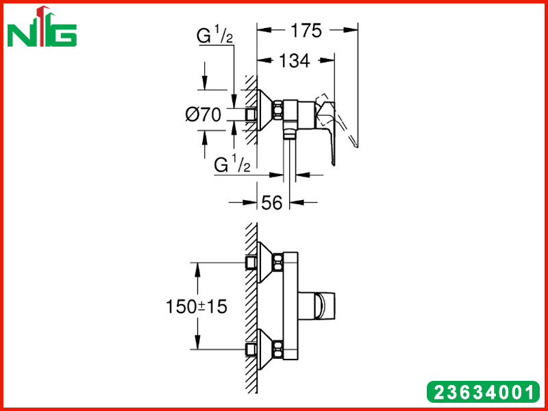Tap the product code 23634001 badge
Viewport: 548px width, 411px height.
pos(484,391)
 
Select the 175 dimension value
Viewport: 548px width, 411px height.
pos(306,31)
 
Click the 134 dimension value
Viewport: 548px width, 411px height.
pos(295,61)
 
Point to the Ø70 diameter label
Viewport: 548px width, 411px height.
pos(203,114)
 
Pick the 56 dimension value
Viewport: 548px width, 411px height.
pos(271,203)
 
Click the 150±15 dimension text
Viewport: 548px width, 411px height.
pos(197,306)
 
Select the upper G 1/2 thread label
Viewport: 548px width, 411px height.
pos(214,36)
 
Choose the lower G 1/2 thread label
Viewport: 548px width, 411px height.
pos(232,164)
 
